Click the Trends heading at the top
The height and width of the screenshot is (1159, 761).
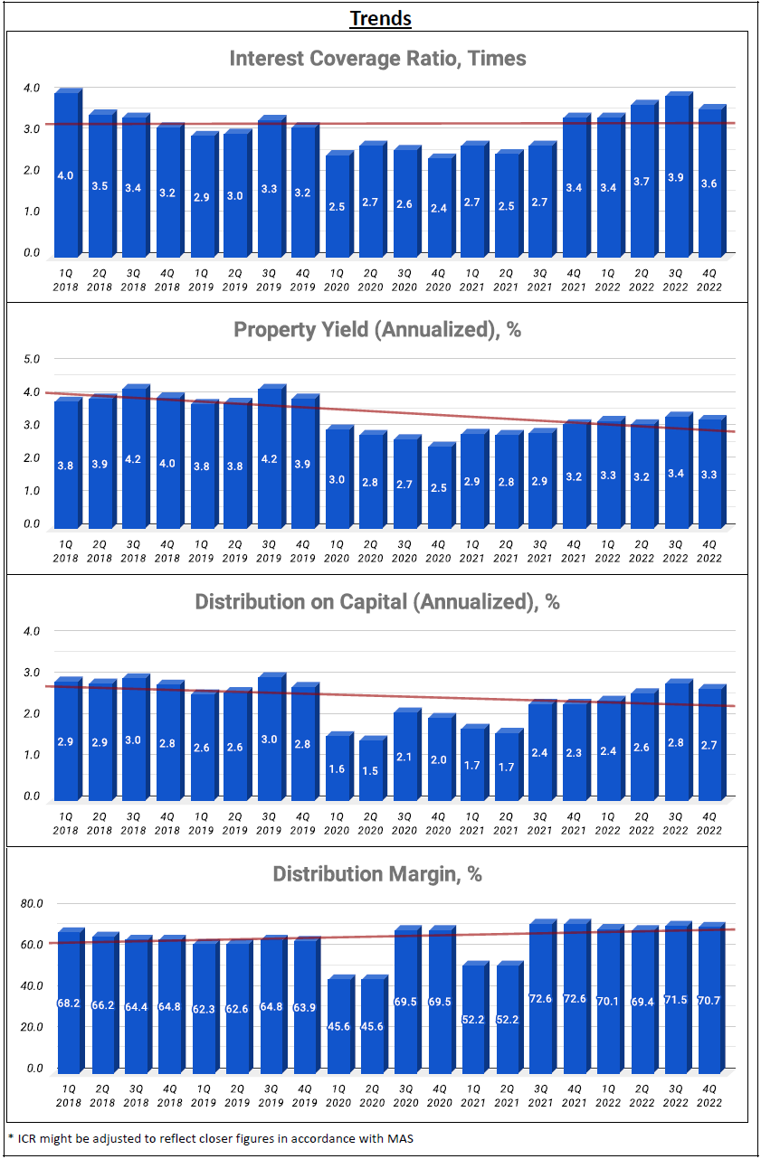tap(380, 18)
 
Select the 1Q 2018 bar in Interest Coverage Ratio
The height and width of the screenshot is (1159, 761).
tap(66, 174)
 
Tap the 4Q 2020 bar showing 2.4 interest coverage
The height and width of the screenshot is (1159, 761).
tap(439, 207)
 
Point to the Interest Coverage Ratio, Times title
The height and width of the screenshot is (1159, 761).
tap(377, 59)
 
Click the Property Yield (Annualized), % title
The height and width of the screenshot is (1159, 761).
tap(377, 330)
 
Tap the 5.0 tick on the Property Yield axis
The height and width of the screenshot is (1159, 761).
tap(32, 359)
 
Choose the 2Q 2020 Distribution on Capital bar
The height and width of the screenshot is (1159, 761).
tap(371, 769)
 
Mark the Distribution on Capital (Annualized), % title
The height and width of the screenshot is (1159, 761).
tap(377, 602)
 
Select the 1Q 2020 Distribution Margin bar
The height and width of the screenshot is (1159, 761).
tap(338, 1025)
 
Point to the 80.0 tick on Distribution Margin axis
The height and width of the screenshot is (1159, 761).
tap(32, 903)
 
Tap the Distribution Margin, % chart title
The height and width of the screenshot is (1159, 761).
tap(377, 874)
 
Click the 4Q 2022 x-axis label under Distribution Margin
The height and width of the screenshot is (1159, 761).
tap(709, 1096)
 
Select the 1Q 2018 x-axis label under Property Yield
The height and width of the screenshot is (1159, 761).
tap(66, 551)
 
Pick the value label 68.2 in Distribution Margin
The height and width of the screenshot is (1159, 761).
tap(67, 1003)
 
